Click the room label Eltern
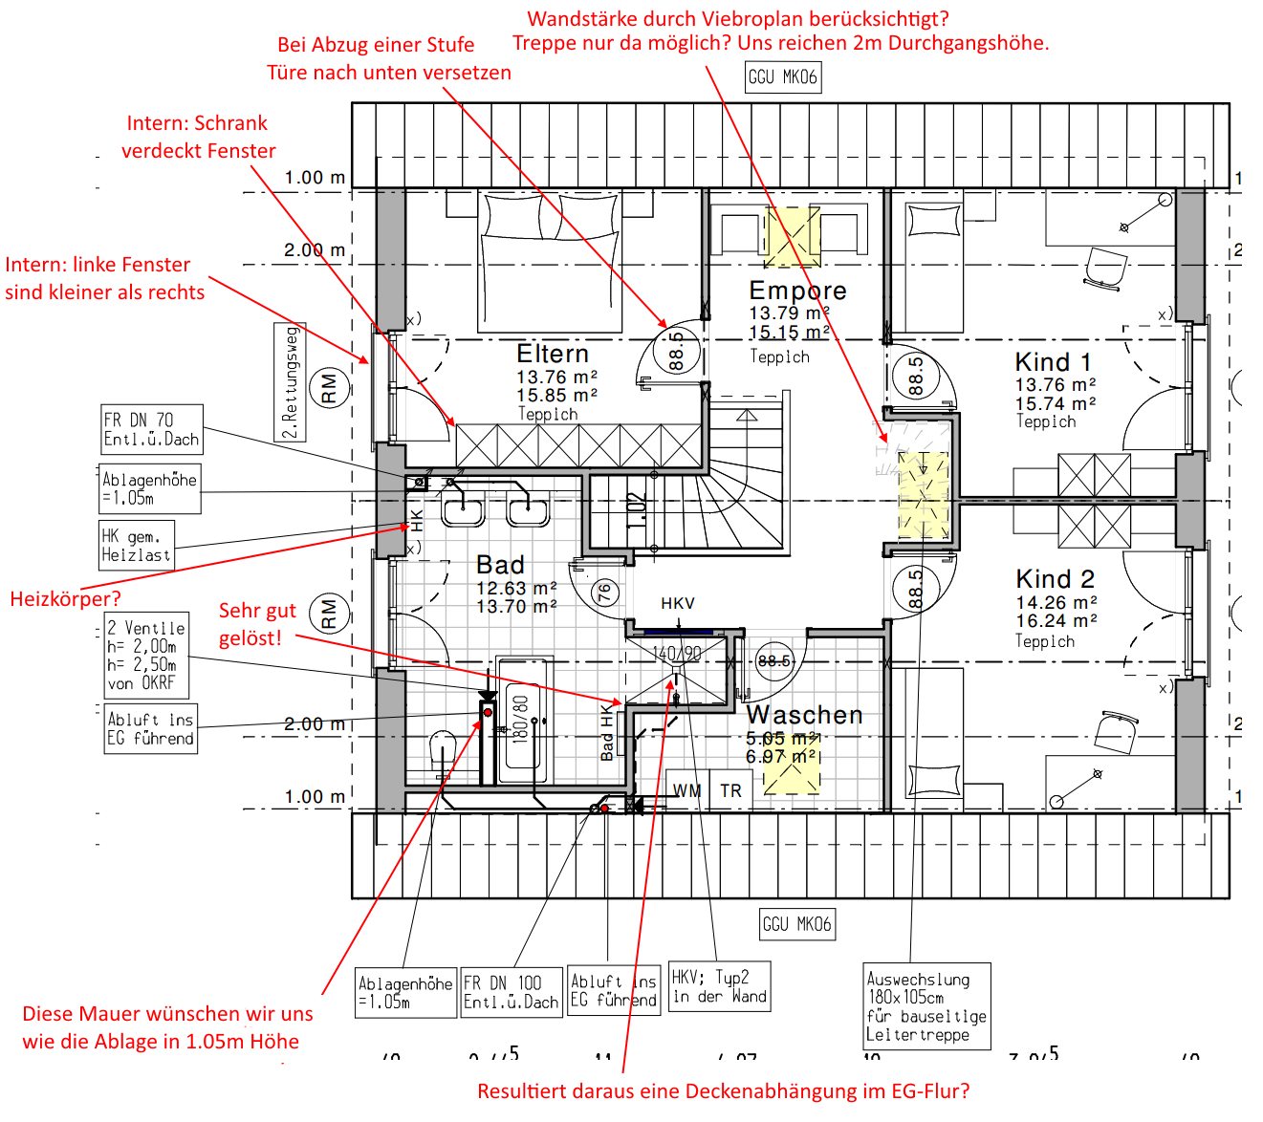(553, 354)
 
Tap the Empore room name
(797, 291)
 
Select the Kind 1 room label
(1053, 363)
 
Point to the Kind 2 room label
(1055, 579)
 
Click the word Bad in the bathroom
(500, 565)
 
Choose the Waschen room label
(804, 715)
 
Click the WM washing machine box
(686, 790)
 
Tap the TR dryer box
(730, 790)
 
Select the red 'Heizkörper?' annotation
(65, 599)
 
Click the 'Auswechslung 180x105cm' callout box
(925, 1006)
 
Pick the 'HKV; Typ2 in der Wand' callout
(719, 986)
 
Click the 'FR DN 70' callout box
(151, 429)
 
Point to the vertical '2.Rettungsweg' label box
(291, 381)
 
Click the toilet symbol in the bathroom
(443, 751)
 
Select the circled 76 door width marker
(603, 593)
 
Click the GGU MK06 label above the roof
(783, 77)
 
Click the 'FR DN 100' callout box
(511, 992)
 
